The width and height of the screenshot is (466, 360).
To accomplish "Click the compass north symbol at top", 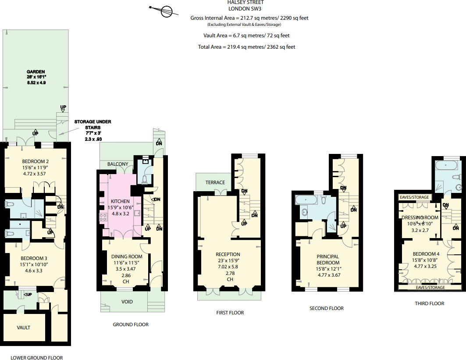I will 166,11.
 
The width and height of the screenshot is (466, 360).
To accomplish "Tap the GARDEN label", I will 36,72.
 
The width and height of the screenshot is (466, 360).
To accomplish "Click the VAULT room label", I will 24,328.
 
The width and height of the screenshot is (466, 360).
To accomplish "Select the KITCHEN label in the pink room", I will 121,201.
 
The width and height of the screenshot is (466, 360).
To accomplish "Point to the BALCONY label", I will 118,164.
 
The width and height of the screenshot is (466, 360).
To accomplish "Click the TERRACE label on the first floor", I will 215,182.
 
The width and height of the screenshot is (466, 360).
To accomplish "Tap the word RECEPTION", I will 228,254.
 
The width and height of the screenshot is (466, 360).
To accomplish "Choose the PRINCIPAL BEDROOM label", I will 328,260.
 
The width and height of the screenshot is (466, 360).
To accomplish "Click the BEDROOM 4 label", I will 426,254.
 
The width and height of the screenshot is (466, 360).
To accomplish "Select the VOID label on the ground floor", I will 127,302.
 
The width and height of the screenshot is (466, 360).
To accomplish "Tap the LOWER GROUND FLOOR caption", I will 37,358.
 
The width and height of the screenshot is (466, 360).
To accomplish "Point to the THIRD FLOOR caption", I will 429,303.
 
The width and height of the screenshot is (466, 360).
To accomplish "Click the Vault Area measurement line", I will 246,36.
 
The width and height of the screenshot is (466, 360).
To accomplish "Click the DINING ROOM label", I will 126,257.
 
